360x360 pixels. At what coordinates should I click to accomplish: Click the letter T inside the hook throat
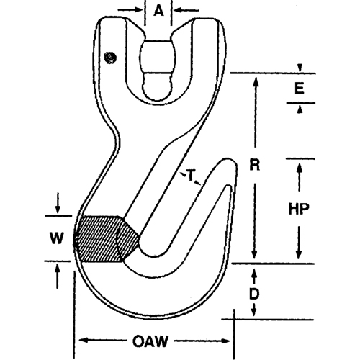click(x=192, y=175)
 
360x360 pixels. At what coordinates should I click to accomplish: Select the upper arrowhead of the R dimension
click(x=254, y=78)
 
